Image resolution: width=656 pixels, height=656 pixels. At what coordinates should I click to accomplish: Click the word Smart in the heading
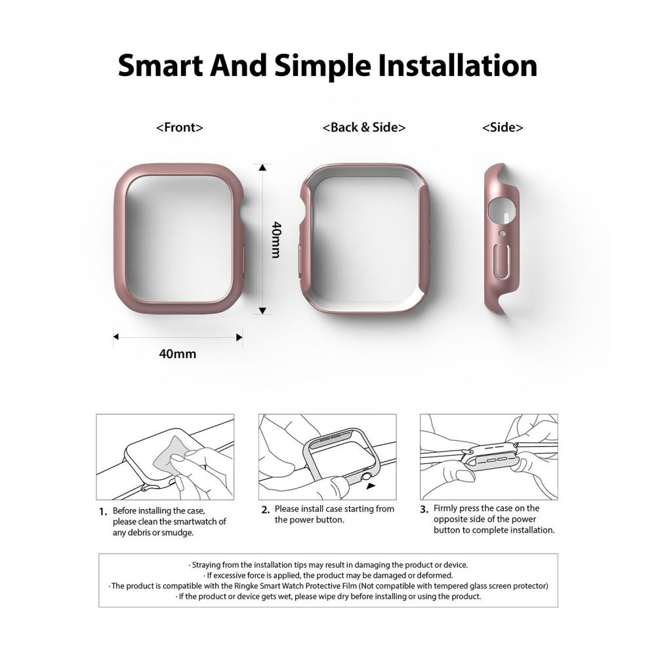(160, 66)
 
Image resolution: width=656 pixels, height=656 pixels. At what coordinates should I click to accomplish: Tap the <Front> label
(180, 127)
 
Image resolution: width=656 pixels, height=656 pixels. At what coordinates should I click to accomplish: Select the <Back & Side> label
(364, 127)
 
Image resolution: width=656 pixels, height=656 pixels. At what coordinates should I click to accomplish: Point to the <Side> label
(502, 127)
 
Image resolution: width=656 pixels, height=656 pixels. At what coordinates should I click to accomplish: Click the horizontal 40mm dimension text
(177, 354)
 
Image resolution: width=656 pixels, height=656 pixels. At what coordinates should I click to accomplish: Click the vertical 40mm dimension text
(276, 239)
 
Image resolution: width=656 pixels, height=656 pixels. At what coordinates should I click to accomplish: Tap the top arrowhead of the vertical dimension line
(262, 167)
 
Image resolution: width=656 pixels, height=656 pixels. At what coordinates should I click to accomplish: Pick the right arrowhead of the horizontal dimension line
(239, 337)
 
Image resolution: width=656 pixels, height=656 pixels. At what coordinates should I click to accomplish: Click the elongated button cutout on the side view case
(502, 260)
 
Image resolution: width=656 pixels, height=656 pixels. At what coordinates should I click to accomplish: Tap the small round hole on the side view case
(502, 233)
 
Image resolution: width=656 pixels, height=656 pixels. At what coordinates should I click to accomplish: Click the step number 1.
(103, 512)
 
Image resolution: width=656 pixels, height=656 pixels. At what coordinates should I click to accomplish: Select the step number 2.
(265, 510)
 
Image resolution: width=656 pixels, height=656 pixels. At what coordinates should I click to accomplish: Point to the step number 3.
(424, 509)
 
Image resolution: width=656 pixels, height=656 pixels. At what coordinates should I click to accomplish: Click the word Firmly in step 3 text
(447, 508)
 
